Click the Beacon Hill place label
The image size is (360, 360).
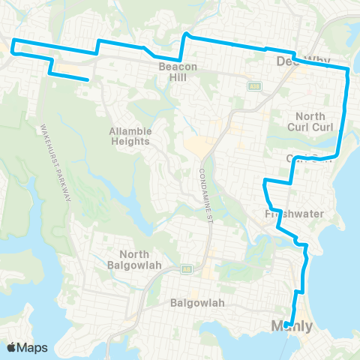pos(177,71)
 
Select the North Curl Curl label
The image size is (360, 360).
pos(310,121)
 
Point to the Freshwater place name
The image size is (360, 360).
pos(294,214)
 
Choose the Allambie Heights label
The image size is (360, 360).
pos(130,136)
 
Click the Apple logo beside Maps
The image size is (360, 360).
pos(11,347)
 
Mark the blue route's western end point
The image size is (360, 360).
pos(89,79)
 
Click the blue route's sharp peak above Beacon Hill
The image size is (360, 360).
pos(187,34)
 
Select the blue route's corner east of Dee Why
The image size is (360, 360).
pos(348,70)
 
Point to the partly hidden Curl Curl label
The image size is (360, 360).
pos(307,157)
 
